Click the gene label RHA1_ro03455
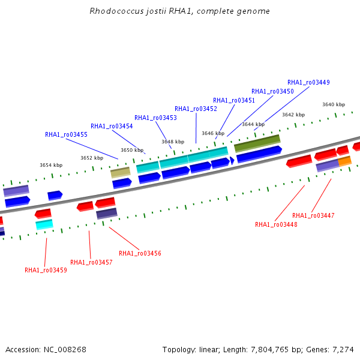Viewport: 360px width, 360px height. (66, 134)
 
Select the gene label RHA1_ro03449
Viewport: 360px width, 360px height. (308, 82)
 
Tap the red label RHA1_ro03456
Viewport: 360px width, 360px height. (140, 253)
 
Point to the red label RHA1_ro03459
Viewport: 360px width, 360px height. (46, 270)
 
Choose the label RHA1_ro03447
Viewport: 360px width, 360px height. (313, 215)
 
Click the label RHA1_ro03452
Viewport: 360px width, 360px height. (196, 109)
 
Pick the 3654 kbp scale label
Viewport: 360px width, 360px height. (51, 165)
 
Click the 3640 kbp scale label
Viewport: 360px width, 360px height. (334, 104)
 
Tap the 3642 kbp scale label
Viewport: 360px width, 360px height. (293, 115)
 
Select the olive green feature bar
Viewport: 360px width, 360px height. (257, 143)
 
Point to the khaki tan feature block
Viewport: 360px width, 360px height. (121, 173)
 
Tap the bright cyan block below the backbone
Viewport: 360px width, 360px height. (44, 224)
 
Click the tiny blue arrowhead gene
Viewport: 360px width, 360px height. (232, 160)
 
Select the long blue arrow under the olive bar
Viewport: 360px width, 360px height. (259, 154)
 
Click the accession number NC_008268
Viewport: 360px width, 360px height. (65, 350)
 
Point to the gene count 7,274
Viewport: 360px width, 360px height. (343, 350)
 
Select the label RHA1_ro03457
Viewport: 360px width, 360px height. (91, 262)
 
